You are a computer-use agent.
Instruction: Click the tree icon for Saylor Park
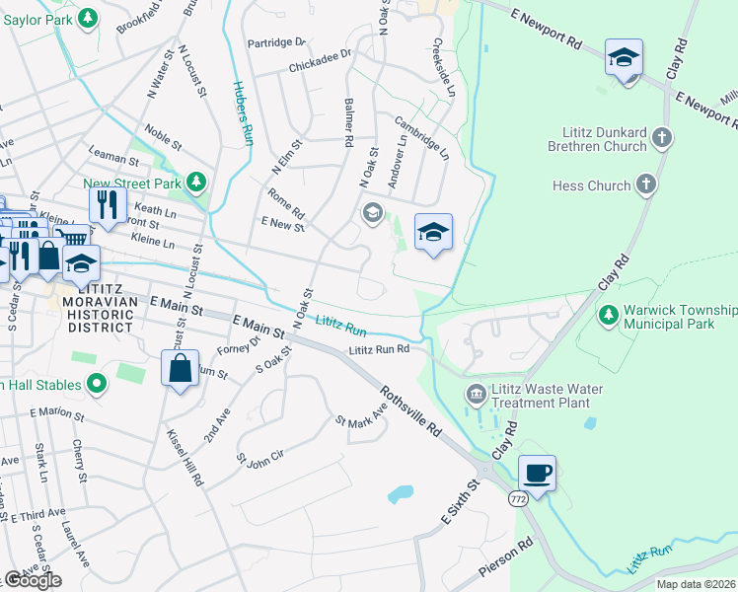click(87, 18)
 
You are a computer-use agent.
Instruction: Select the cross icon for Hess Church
click(645, 185)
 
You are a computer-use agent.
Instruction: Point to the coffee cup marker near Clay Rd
click(537, 473)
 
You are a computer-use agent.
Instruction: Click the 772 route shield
click(517, 500)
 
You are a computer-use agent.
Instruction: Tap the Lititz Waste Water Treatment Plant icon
click(477, 396)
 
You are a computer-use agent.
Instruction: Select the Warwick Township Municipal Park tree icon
click(610, 314)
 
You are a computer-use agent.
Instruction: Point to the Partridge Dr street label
click(277, 42)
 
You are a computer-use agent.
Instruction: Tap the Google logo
click(33, 580)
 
